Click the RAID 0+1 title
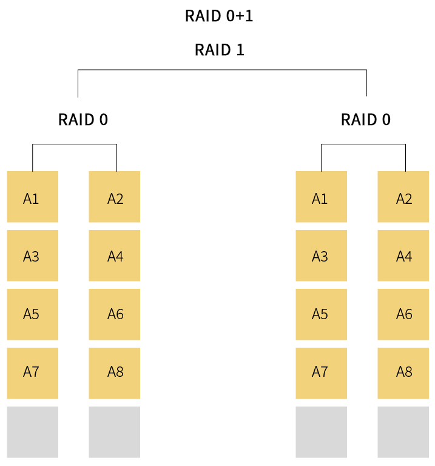218,16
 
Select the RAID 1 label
219,50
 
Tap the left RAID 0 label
83,120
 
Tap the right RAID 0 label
365,120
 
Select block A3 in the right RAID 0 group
321,255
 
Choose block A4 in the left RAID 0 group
114,255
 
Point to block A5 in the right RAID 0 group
321,314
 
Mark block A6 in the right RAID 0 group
403,314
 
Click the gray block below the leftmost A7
32,432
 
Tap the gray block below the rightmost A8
403,432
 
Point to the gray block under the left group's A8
114,432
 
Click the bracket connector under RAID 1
222,70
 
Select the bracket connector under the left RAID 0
74,144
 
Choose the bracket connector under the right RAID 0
363,144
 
